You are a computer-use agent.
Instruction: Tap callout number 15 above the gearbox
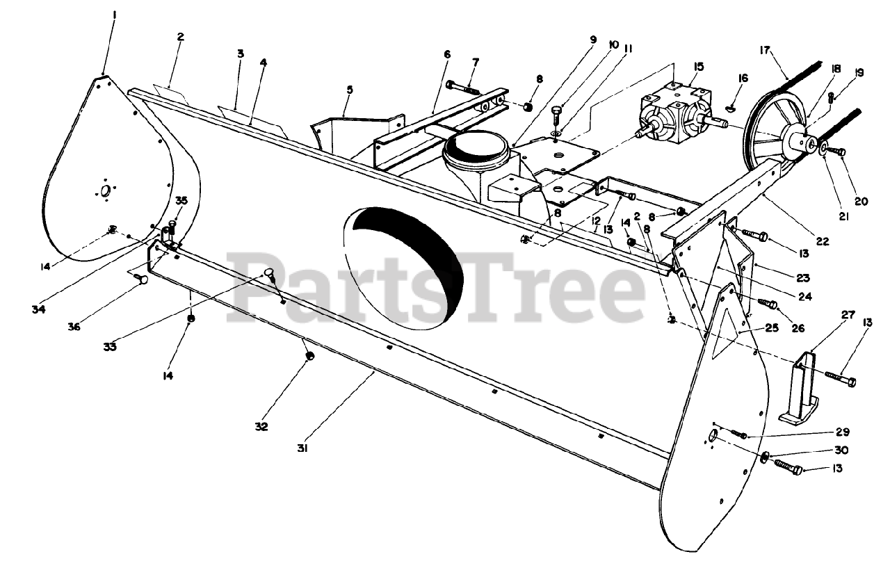point(698,67)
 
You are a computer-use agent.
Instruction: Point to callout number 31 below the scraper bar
point(302,448)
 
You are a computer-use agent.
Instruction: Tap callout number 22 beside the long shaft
point(823,242)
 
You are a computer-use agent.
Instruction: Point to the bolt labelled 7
point(463,86)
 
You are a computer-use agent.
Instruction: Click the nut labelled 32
point(311,356)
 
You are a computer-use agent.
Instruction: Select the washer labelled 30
point(765,456)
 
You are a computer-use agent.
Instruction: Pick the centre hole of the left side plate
point(104,192)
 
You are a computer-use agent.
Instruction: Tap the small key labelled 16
point(728,107)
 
